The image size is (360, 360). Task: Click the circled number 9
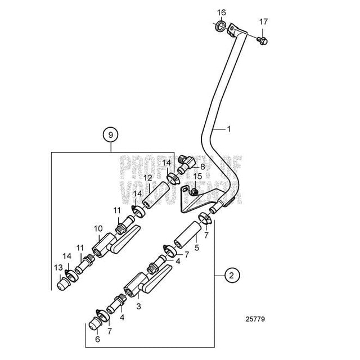(x=111, y=135)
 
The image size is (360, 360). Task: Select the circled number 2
(x=231, y=276)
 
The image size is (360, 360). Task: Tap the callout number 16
(x=221, y=12)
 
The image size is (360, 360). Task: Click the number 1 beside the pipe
(x=245, y=129)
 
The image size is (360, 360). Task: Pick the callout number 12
(x=147, y=178)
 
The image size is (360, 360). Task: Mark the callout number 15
(x=197, y=177)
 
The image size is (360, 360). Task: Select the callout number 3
(x=138, y=307)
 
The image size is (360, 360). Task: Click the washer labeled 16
(x=218, y=26)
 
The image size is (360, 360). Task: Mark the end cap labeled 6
(x=93, y=326)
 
